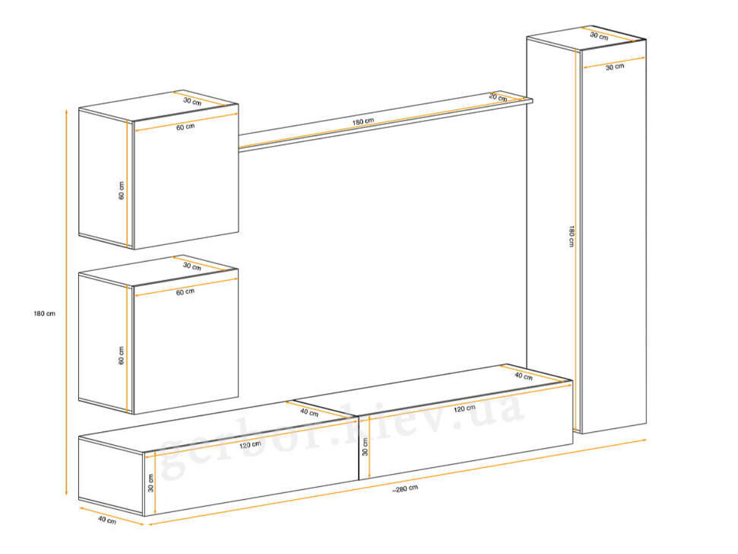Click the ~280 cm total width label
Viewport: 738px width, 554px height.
point(405,488)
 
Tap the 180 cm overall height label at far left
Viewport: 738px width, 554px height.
point(44,313)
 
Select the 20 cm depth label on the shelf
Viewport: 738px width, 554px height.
point(498,97)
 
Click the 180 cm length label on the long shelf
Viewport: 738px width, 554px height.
point(363,121)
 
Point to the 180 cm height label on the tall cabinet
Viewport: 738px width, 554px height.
point(571,236)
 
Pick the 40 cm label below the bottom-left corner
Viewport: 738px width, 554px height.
point(107,520)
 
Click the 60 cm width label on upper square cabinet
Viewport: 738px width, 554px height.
point(185,127)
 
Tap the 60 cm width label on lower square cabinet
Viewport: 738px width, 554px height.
point(185,292)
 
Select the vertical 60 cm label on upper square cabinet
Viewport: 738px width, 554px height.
point(121,191)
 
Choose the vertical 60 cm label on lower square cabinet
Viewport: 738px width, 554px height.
point(121,356)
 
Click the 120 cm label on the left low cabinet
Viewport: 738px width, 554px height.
point(250,445)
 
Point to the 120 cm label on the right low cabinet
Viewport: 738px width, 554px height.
point(464,408)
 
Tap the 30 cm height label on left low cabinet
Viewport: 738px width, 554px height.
point(150,483)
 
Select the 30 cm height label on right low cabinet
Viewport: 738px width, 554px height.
point(365,447)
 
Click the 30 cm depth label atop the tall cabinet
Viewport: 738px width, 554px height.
point(599,36)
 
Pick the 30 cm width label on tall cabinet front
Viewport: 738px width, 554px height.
point(615,67)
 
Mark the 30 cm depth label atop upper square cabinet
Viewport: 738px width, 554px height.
point(192,101)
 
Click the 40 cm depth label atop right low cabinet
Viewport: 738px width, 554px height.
point(523,376)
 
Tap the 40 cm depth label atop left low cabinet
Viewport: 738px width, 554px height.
point(309,412)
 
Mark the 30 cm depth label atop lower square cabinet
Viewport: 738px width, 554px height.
point(192,267)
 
